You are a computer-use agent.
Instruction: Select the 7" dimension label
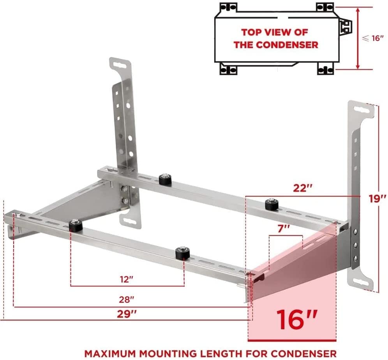284,229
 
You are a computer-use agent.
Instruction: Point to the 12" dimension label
127,279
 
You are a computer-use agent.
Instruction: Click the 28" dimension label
127,300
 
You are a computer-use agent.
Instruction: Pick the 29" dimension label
127,314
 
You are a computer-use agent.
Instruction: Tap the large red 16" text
296,319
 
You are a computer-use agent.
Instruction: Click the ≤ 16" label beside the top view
373,38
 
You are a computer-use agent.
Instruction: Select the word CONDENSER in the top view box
287,45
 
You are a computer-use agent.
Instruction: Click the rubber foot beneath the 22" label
272,205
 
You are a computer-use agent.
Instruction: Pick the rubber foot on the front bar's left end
76,226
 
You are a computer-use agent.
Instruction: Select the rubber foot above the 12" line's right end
182,253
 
